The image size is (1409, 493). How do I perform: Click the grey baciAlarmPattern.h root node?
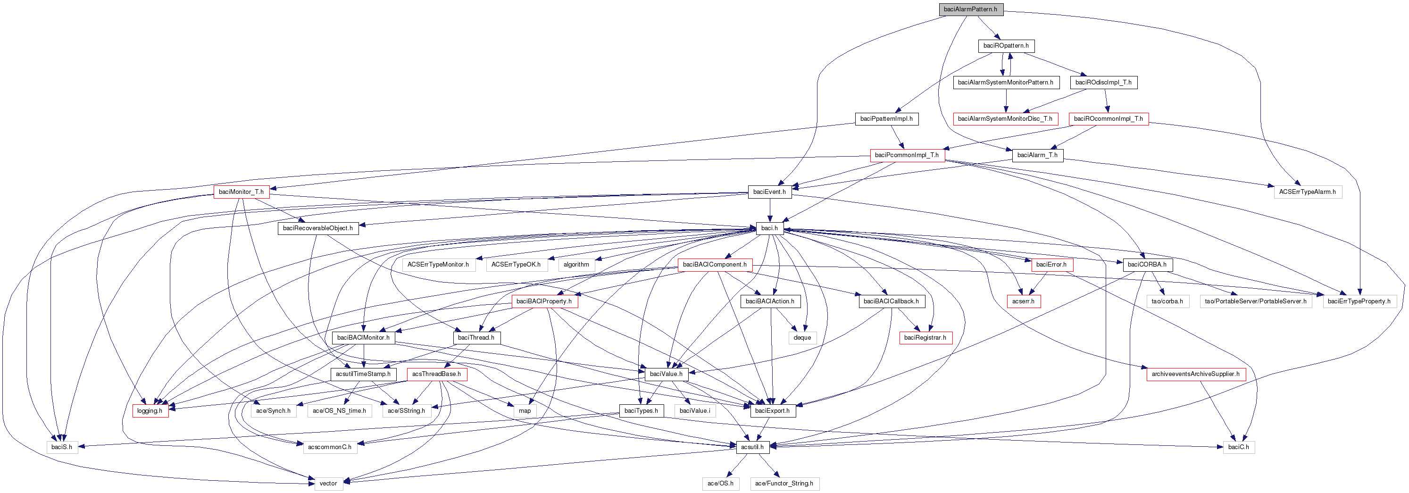[x=970, y=9]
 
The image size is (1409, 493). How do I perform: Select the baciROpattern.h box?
[x=1006, y=46]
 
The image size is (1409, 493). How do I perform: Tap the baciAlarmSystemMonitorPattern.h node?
[x=1005, y=83]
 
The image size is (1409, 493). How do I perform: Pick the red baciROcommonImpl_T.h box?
[x=1108, y=119]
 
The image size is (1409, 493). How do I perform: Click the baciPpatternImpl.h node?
[x=886, y=119]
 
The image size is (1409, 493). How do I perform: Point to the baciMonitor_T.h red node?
[x=241, y=192]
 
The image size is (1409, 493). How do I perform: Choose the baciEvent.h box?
[x=769, y=192]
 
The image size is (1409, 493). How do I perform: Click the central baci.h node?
[x=769, y=228]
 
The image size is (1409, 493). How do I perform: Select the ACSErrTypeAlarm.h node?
[x=1307, y=192]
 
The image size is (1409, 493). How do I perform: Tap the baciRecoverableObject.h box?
[x=318, y=228]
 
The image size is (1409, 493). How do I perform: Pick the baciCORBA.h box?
[x=1147, y=265]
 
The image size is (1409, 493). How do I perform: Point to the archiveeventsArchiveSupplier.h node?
[x=1196, y=374]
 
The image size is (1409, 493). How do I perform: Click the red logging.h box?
[x=150, y=411]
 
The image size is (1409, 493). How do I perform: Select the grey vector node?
[x=328, y=484]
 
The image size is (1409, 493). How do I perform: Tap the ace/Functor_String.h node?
[x=784, y=484]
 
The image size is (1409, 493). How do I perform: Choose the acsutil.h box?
[x=752, y=447]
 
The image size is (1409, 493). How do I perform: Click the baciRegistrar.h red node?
[x=925, y=338]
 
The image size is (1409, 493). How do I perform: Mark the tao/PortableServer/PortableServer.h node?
[x=1255, y=301]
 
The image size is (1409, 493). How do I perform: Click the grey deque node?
[x=802, y=338]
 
